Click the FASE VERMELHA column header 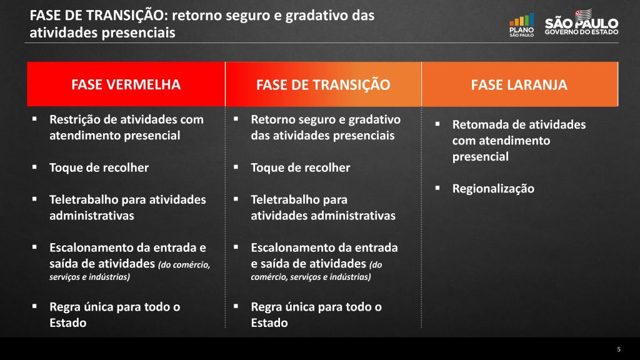(126, 84)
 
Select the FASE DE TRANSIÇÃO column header (323, 84)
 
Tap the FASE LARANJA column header (519, 84)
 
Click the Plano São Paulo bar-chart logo (522, 25)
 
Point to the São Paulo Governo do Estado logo (582, 23)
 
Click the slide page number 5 (619, 349)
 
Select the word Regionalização (493, 189)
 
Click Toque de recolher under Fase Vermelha (99, 167)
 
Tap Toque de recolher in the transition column (301, 167)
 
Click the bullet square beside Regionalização (437, 187)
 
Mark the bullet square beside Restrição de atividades (34, 119)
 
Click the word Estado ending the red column (67, 323)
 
